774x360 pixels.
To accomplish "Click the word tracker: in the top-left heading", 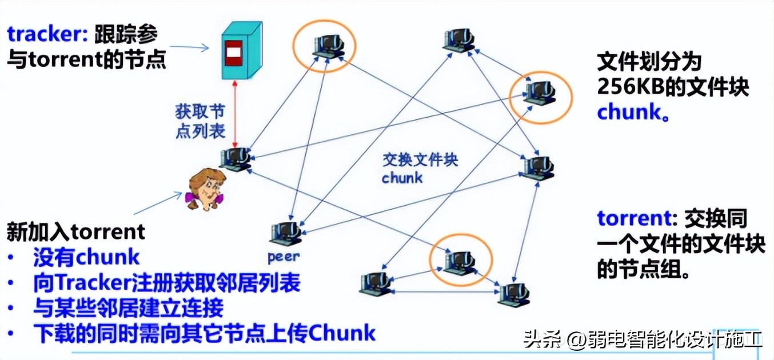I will [x=46, y=34].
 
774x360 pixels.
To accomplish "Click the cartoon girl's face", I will [x=207, y=187].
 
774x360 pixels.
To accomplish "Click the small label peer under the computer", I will [x=283, y=257].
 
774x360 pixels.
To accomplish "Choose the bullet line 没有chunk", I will [x=86, y=257].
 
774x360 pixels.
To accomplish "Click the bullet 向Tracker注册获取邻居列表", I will [x=166, y=283].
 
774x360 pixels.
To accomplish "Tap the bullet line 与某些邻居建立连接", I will [x=128, y=308].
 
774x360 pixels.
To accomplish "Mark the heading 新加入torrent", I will [x=76, y=232].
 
